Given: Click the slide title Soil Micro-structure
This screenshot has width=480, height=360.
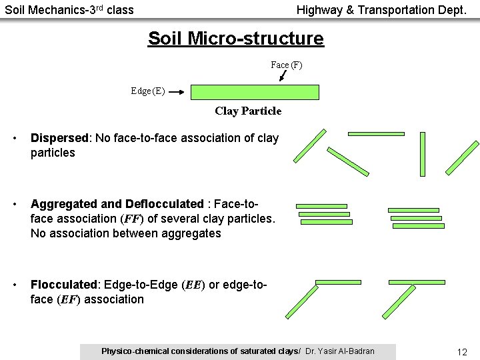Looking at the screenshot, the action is click(235, 39).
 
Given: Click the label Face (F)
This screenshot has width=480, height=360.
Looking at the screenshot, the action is click(286, 65).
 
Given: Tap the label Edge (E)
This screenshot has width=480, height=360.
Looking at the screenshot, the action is click(148, 91).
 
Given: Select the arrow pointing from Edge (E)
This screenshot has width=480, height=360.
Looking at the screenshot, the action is click(177, 93).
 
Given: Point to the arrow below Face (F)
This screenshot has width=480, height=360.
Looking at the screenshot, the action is click(283, 76).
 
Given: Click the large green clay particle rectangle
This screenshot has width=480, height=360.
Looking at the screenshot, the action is click(255, 92).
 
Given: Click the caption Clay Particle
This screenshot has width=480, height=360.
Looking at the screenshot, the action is click(248, 111).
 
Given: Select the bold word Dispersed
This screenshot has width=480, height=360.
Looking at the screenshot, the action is click(59, 138).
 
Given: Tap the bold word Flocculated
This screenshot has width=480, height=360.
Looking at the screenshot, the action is click(64, 285).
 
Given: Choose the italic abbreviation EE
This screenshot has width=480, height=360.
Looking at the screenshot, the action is click(193, 285).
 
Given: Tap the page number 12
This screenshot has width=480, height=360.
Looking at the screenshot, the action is click(462, 351).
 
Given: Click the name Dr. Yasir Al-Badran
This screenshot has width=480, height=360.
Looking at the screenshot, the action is click(339, 351).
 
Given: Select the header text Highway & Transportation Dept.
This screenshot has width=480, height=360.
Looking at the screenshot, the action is click(381, 10).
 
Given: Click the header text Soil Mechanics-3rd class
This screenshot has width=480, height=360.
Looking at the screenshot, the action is click(69, 10).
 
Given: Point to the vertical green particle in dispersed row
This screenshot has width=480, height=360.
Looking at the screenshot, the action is click(422, 153).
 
